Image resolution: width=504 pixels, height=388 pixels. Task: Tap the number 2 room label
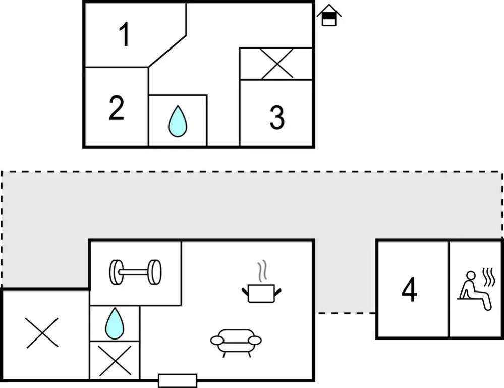(116, 108)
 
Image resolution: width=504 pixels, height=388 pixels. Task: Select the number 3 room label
(276, 118)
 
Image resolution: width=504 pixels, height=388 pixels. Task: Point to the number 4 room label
(409, 289)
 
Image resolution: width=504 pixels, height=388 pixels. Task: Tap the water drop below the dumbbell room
(115, 323)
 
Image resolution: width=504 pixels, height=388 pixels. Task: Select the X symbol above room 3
(277, 64)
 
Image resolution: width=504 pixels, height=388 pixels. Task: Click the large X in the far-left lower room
(42, 333)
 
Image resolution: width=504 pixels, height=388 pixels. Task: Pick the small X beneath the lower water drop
(115, 360)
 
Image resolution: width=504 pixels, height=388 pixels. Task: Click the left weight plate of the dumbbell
(117, 272)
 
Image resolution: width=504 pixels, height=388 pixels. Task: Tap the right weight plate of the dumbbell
(155, 272)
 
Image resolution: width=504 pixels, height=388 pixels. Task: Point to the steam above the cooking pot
(261, 271)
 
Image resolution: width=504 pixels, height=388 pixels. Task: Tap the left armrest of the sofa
(217, 341)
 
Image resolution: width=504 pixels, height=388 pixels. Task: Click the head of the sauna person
(470, 276)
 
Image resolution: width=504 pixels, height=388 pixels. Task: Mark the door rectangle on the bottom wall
(178, 380)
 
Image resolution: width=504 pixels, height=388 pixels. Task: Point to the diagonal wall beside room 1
(168, 51)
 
